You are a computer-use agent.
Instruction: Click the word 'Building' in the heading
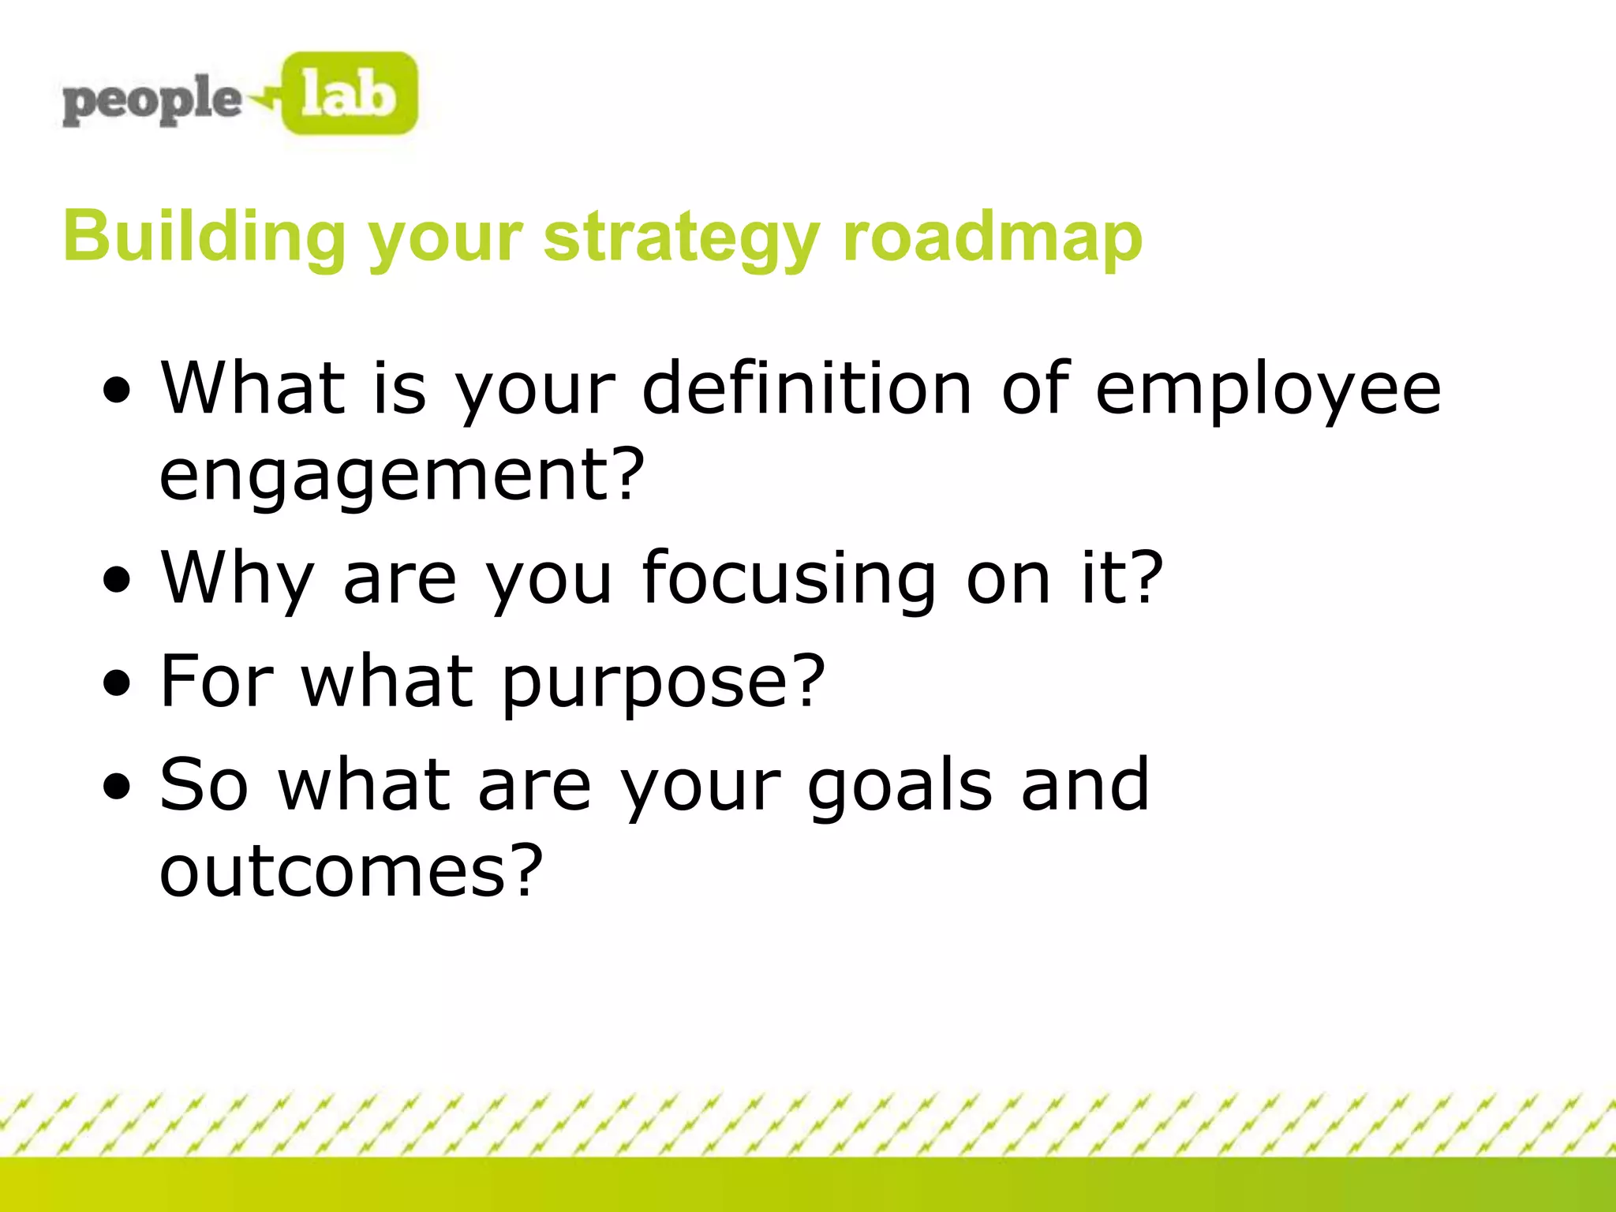click(x=204, y=237)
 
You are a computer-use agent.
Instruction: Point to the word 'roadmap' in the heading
click(x=992, y=237)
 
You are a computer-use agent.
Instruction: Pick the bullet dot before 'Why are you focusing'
click(x=118, y=581)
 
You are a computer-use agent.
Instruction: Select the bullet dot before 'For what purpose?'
click(x=118, y=683)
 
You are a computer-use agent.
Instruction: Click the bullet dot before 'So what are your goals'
click(x=118, y=787)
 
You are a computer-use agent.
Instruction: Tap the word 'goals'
click(x=900, y=787)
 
